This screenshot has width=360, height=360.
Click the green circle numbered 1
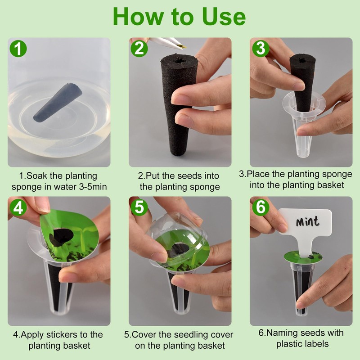[18, 49]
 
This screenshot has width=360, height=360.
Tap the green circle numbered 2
[139, 49]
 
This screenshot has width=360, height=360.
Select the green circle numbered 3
[261, 49]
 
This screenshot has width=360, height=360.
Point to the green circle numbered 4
[18, 207]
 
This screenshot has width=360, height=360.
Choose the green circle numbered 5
[139, 207]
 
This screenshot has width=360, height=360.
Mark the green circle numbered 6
[261, 207]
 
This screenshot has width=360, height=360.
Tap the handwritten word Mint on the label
[307, 221]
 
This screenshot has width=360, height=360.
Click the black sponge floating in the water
[58, 102]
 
